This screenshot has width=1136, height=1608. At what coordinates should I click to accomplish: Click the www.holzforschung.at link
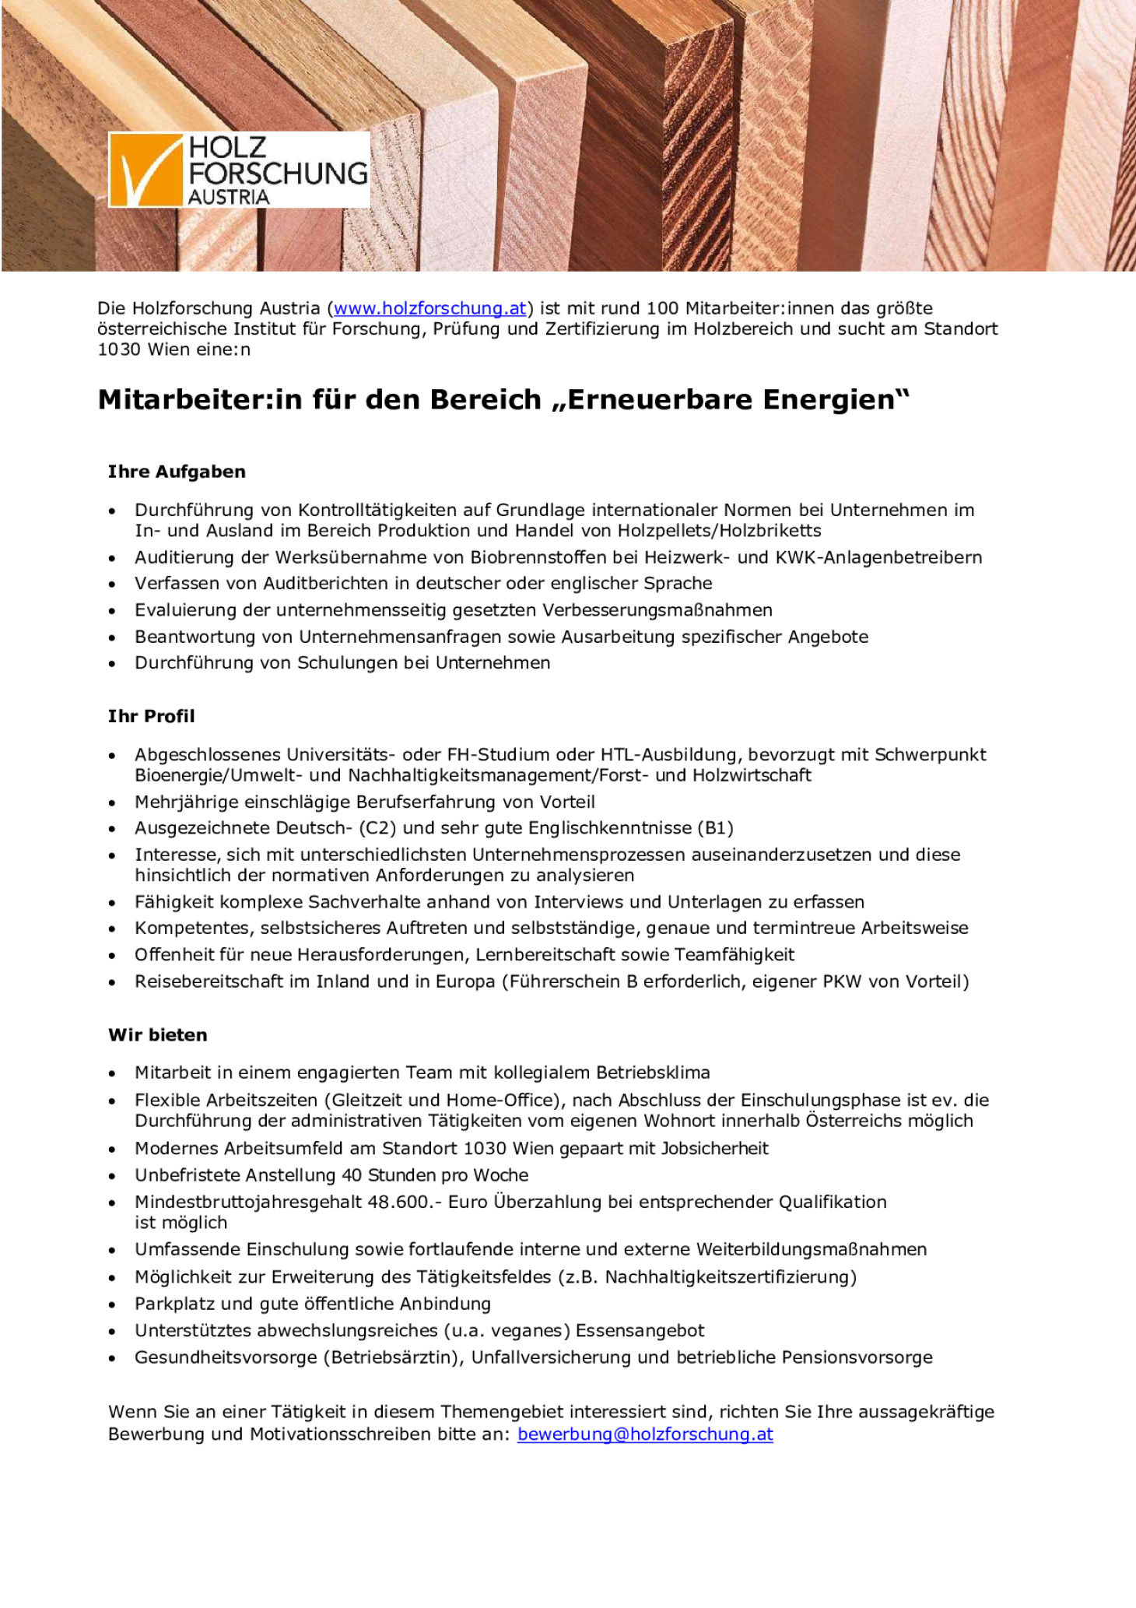430,308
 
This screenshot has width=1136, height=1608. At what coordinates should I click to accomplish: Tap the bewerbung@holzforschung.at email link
645,1434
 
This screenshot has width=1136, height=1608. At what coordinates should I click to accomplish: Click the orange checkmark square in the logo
146,170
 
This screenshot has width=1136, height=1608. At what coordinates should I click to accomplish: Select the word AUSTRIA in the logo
229,198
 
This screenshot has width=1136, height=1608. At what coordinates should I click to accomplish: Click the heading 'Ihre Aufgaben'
177,472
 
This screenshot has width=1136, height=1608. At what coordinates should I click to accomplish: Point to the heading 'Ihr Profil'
151,716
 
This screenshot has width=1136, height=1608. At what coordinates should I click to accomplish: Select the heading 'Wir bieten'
158,1035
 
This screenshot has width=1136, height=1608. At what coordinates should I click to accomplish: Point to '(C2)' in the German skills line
377,827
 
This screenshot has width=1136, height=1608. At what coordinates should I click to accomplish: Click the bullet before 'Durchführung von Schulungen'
113,664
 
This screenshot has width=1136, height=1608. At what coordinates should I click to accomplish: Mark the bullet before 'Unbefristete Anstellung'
113,1176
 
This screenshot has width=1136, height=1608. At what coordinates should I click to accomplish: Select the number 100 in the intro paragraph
663,308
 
